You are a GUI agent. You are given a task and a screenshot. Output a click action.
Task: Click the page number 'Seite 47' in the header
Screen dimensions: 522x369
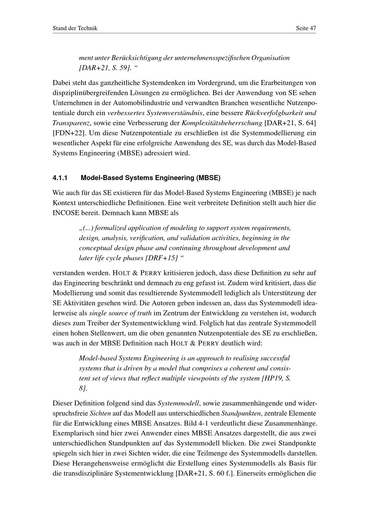306,28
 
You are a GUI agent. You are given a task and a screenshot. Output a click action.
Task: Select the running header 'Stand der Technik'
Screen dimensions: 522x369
75,28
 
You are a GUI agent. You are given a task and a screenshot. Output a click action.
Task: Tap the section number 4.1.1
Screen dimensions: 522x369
60,178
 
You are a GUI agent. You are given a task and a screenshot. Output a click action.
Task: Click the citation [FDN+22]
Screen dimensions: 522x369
69,133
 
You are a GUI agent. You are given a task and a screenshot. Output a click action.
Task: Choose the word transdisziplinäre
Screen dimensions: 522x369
87,473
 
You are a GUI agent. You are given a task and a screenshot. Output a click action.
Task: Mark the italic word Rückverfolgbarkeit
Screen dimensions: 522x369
274,113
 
